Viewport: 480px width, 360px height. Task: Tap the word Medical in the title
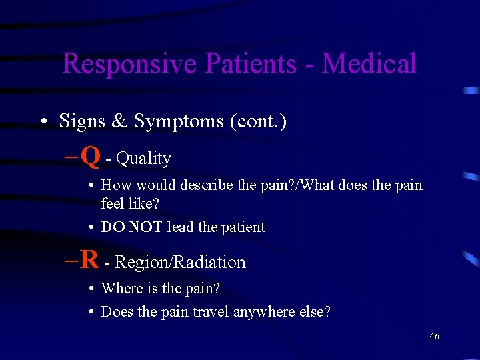click(369, 64)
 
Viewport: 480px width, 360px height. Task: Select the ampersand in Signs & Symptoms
click(119, 121)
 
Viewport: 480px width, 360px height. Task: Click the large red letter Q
click(92, 157)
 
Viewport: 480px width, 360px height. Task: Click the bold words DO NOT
click(131, 227)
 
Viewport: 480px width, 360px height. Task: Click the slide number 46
click(434, 337)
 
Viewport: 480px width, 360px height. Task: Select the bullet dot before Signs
click(42, 122)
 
